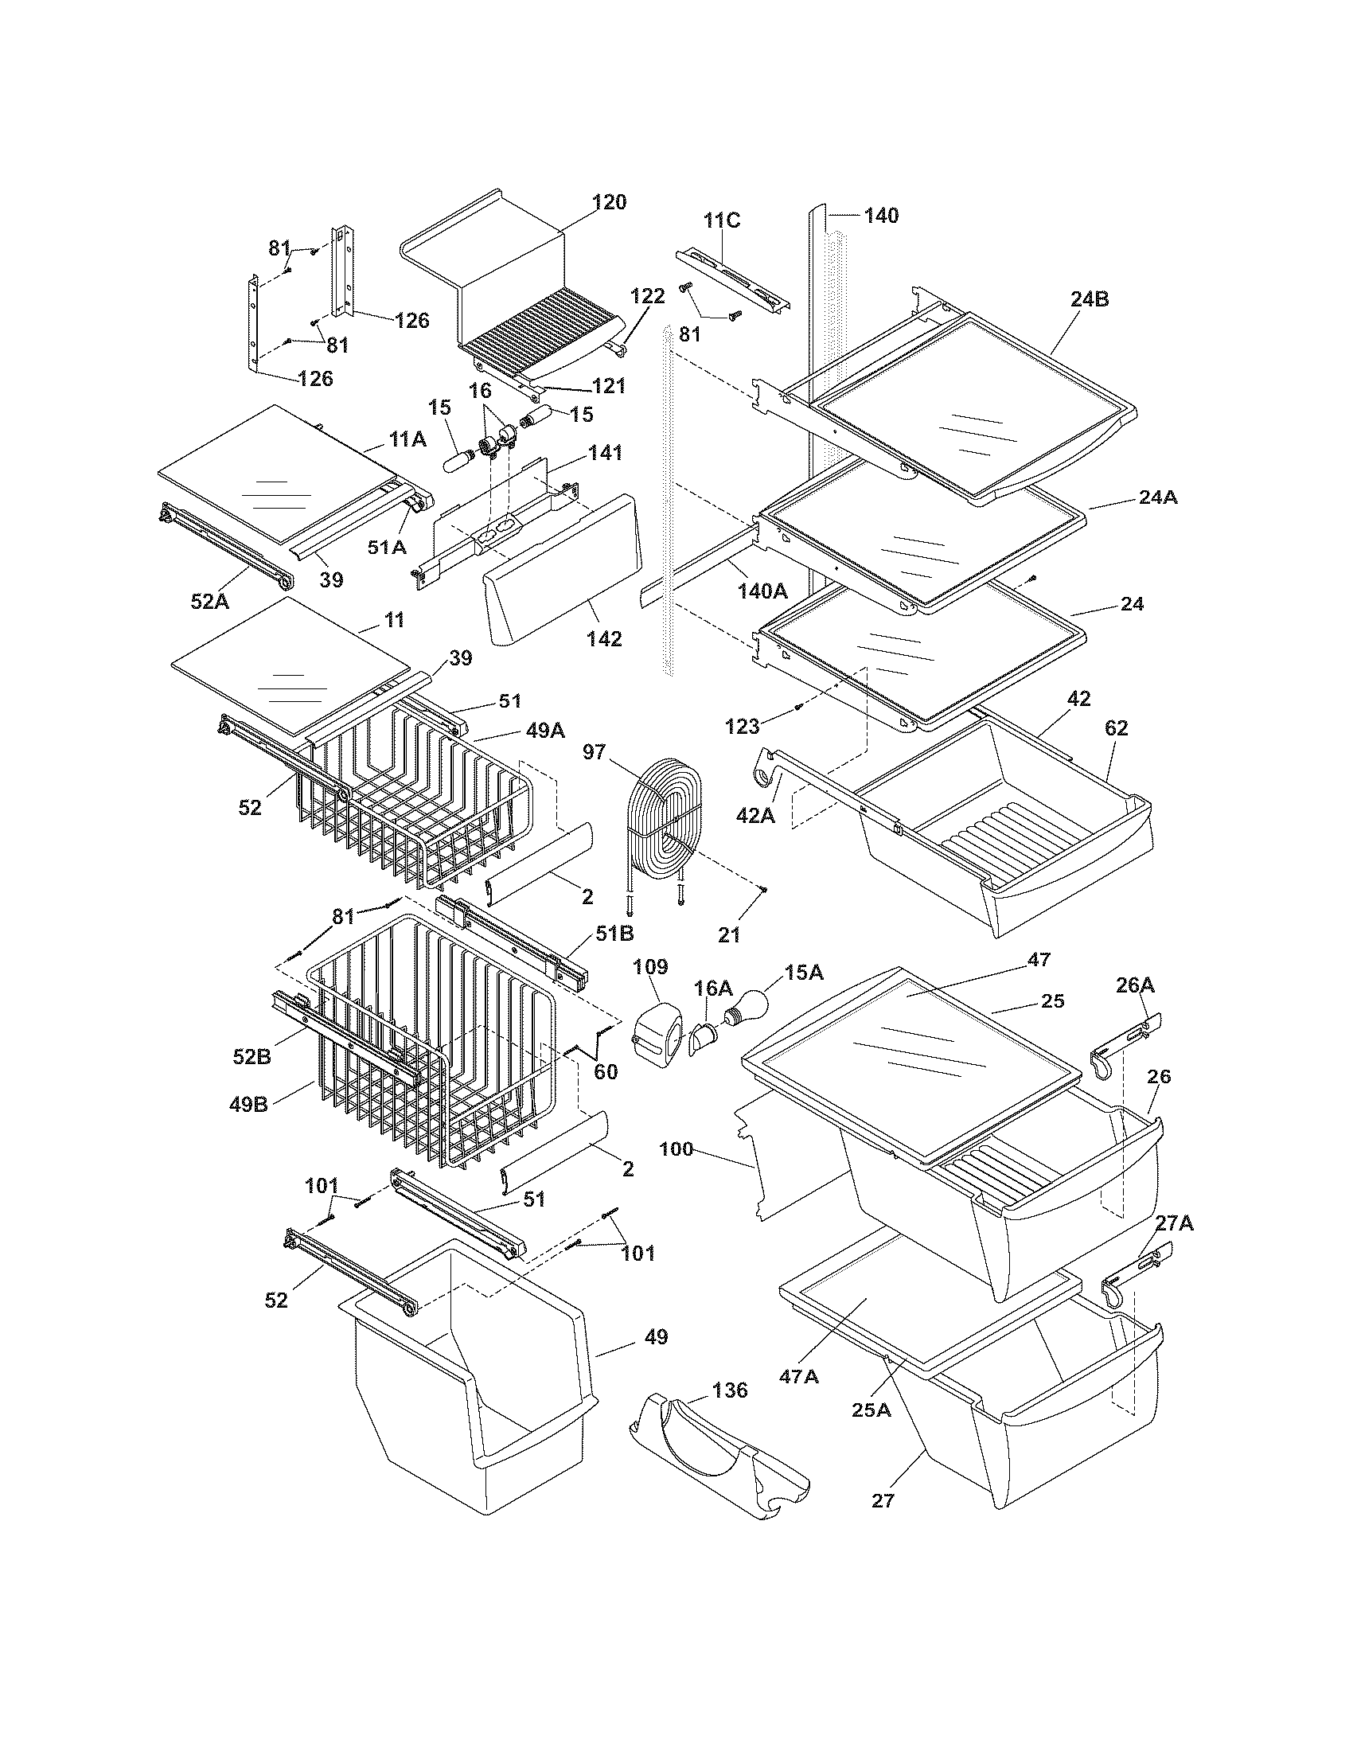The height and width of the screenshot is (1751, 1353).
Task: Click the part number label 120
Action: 609,202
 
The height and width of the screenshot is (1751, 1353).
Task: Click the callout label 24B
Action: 1090,299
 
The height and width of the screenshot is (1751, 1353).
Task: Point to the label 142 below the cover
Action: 603,638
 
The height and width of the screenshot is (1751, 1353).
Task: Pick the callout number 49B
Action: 248,1106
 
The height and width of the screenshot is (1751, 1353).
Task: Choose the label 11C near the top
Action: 722,220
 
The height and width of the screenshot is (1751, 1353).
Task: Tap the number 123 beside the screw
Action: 742,727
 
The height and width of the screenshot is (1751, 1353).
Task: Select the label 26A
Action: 1135,985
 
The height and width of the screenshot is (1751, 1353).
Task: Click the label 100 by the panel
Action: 676,1148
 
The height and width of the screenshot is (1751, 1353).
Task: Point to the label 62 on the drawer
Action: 1116,728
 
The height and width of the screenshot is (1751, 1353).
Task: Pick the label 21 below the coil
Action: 728,934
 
